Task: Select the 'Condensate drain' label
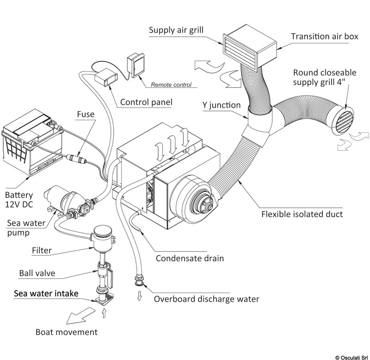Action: click(190, 258)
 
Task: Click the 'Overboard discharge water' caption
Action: click(207, 298)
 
